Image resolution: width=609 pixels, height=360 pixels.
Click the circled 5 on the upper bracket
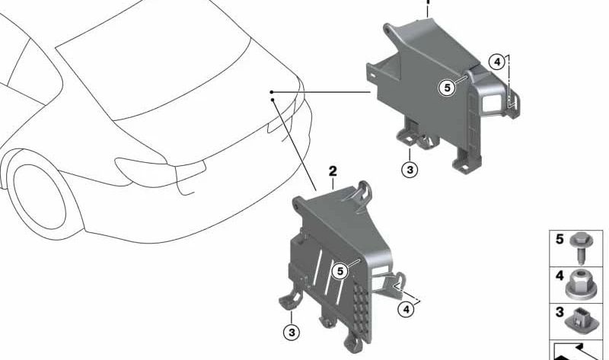pyautogui.click(x=447, y=88)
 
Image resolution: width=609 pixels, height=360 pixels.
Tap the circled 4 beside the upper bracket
pyautogui.click(x=496, y=63)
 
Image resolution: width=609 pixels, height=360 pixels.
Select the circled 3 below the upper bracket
pyautogui.click(x=410, y=169)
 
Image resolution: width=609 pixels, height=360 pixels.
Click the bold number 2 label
pyautogui.click(x=333, y=172)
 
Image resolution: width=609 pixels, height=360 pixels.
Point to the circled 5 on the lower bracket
pyautogui.click(x=340, y=269)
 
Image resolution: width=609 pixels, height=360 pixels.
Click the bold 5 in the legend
pyautogui.click(x=560, y=239)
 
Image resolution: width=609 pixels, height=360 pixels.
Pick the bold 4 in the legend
pyautogui.click(x=560, y=276)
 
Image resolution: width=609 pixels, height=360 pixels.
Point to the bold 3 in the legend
pyautogui.click(x=560, y=312)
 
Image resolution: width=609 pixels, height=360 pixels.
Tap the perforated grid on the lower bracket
pyautogui.click(x=364, y=308)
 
